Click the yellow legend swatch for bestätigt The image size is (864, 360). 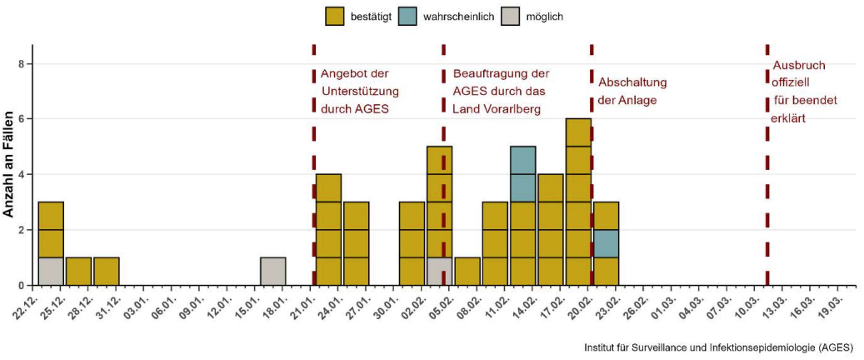pos(336,16)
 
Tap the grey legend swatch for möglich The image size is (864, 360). pos(510,16)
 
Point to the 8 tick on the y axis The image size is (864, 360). pos(25,64)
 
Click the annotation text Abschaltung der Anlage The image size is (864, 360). pos(632,91)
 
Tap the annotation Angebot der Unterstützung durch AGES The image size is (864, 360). pos(360,91)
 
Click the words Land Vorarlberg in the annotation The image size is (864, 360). pos(497,109)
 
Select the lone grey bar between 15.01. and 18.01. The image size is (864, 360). pos(273,271)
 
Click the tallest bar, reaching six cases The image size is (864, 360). pos(578,202)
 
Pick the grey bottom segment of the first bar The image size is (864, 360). pos(51,271)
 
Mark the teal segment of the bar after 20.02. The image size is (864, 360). pos(606,243)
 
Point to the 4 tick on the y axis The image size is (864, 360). pos(25,174)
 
